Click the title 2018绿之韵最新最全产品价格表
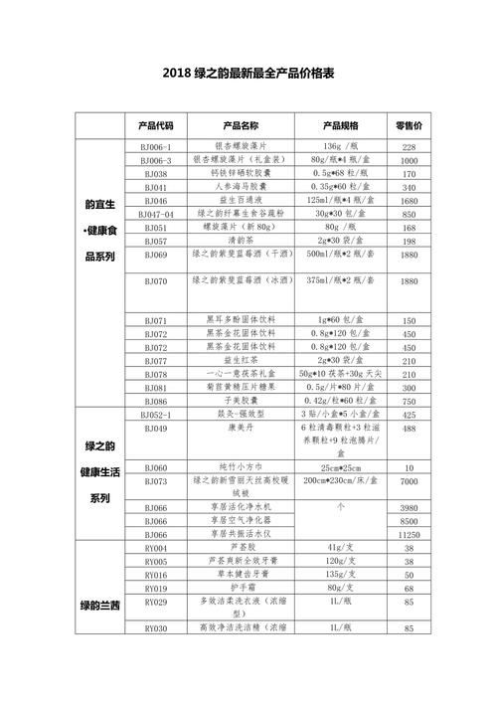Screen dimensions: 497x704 pyautogui.click(x=248, y=74)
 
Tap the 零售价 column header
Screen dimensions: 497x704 pyautogui.click(x=409, y=125)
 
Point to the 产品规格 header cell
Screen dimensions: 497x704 pyautogui.click(x=341, y=125)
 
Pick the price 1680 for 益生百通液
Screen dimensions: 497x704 pyautogui.click(x=409, y=201)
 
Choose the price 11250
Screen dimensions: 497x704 pyautogui.click(x=409, y=534)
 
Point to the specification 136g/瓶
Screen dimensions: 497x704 pyautogui.click(x=341, y=147)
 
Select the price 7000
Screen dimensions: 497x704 pyautogui.click(x=409, y=481)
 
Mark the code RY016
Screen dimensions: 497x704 pyautogui.click(x=156, y=575)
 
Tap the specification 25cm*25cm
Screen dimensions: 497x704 pyautogui.click(x=341, y=467)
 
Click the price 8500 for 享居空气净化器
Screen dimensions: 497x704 pyautogui.click(x=409, y=520)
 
